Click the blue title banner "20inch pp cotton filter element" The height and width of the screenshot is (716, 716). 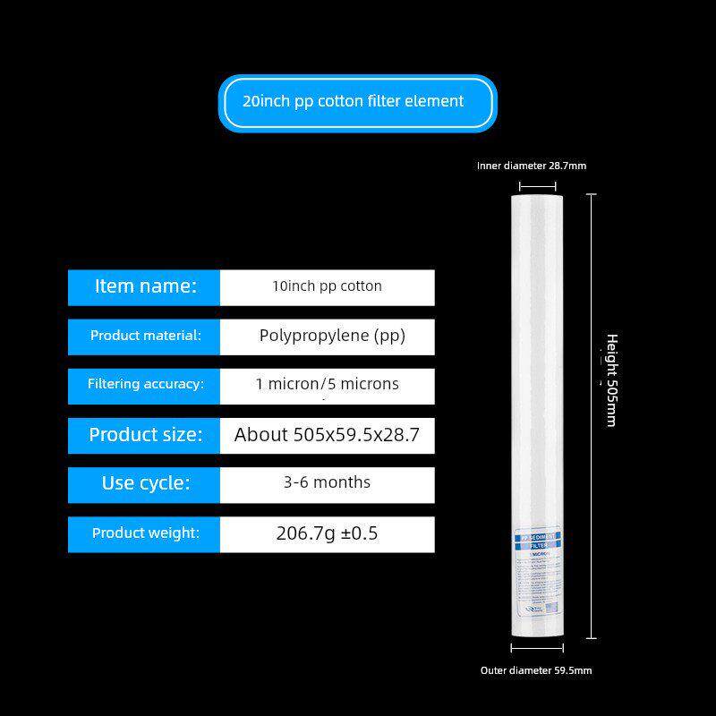(357, 102)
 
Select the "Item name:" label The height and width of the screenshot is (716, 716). (145, 287)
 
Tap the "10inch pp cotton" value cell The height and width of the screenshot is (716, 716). (327, 287)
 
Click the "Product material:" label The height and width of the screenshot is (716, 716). (145, 337)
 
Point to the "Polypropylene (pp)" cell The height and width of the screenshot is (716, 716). (332, 337)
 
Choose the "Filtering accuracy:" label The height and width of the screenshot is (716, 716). (145, 385)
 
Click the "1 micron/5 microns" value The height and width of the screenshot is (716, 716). (327, 385)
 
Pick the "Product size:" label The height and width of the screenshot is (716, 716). (145, 435)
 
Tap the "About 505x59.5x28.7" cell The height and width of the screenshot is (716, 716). (327, 436)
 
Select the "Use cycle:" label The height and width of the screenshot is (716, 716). (145, 483)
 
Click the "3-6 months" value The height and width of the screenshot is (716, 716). (327, 483)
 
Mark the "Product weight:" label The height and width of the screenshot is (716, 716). (145, 533)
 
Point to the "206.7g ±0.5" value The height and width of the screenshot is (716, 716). (327, 534)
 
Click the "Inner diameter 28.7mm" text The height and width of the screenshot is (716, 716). (532, 166)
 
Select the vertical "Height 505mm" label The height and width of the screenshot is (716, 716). (611, 379)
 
